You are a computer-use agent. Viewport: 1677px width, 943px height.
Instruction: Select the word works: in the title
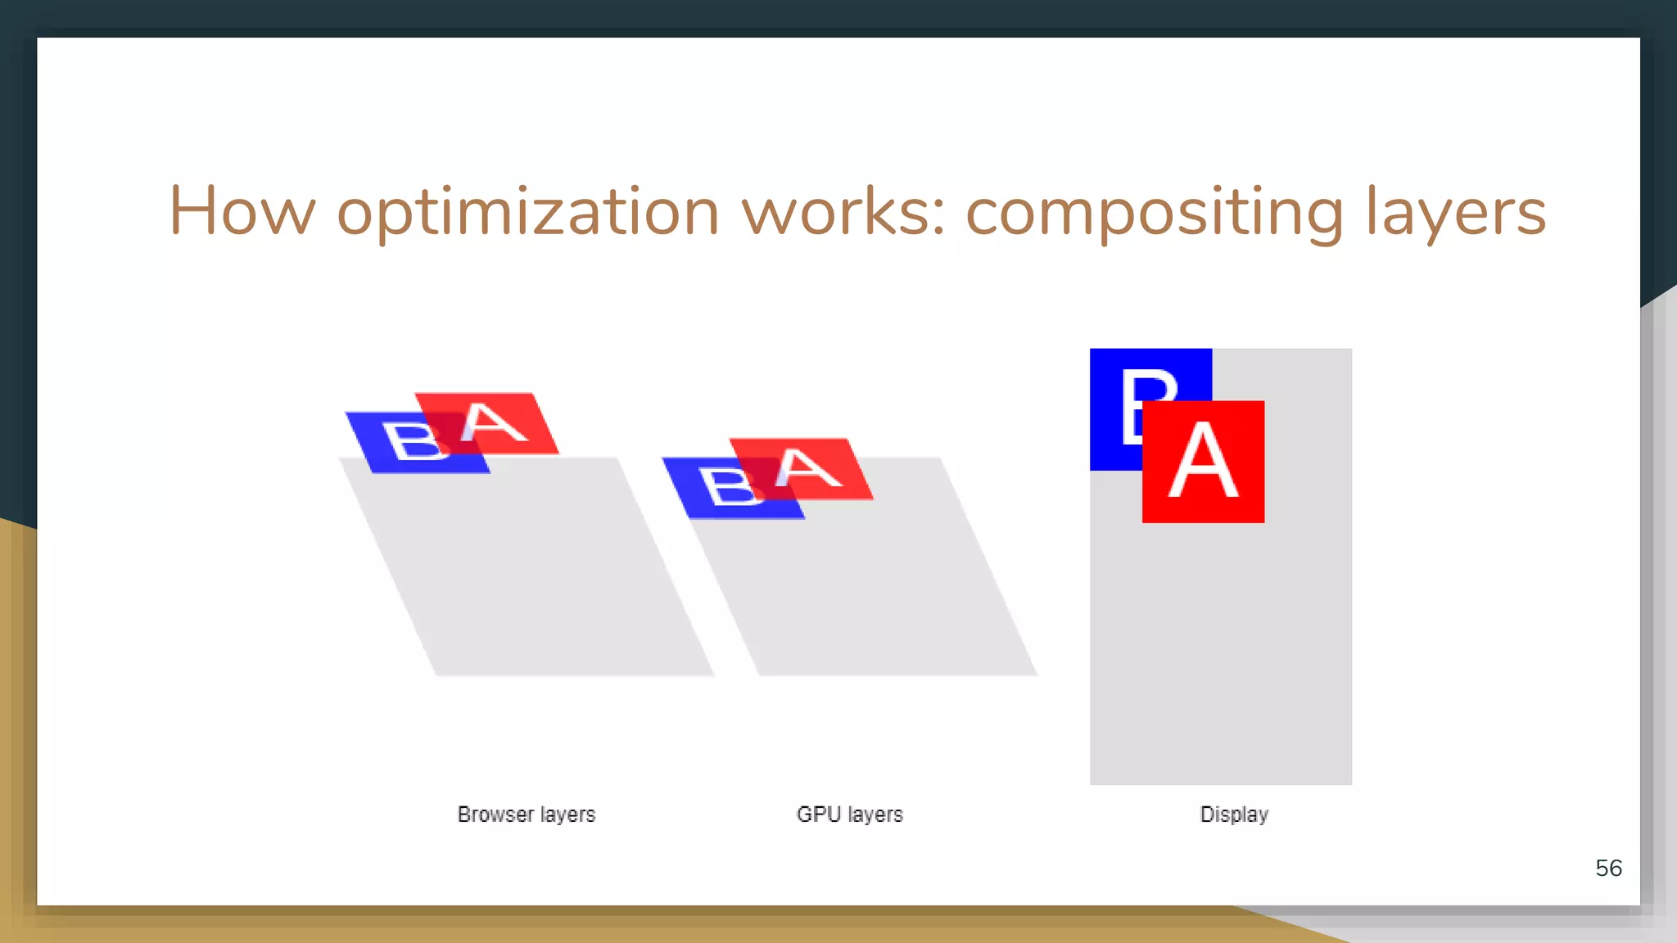click(843, 211)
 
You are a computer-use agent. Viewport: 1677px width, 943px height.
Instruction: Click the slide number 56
click(1608, 868)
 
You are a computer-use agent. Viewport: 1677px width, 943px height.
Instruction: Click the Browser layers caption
click(527, 814)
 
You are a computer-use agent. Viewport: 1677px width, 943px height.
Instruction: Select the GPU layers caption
click(849, 814)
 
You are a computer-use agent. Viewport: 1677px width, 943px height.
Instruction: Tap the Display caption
click(1234, 814)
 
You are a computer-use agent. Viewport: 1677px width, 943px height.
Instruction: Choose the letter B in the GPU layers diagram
click(729, 488)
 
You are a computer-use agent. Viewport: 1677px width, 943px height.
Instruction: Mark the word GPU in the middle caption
click(819, 814)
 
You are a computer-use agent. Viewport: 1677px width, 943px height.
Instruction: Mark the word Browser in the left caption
click(495, 814)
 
